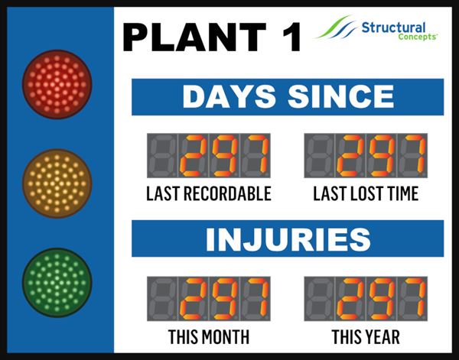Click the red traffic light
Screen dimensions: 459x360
click(x=57, y=85)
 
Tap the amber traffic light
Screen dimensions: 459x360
click(x=57, y=183)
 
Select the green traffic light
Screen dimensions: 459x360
click(x=57, y=283)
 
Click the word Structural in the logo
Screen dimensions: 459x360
click(x=393, y=28)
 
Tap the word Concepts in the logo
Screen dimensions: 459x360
click(x=418, y=37)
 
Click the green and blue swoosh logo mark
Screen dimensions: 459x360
click(x=336, y=27)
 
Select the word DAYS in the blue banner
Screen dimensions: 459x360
click(x=229, y=97)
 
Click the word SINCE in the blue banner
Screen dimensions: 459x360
click(x=341, y=97)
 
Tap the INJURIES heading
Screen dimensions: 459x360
click(x=288, y=239)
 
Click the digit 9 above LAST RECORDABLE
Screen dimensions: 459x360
click(x=224, y=156)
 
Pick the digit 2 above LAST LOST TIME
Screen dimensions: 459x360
click(x=350, y=156)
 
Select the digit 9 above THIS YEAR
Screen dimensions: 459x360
click(x=382, y=299)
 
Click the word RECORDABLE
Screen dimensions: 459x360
click(x=227, y=193)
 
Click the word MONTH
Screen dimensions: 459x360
click(x=225, y=337)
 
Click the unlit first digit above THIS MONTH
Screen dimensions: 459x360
click(x=162, y=299)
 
